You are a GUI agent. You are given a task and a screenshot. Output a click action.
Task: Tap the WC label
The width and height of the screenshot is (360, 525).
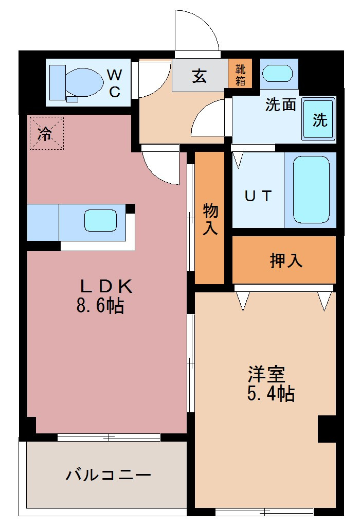pos(114,83)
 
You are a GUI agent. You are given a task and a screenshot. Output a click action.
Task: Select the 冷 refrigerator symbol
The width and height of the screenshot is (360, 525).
pos(46,133)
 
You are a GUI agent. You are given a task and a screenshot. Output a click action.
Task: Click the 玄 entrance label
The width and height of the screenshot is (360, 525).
pos(200,76)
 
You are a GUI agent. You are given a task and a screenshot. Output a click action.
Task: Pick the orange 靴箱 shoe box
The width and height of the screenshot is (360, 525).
pos(240,74)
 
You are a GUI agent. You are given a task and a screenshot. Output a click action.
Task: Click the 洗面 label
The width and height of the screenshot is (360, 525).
pos(280,104)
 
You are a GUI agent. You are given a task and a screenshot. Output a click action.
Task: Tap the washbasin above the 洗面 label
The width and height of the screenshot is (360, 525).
pos(278,73)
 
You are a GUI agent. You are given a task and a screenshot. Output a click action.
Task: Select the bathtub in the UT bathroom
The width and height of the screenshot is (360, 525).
pos(311,189)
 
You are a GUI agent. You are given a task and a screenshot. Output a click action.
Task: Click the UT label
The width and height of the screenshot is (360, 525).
pos(257,196)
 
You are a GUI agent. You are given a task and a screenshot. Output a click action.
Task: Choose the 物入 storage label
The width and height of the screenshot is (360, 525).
pos(210,219)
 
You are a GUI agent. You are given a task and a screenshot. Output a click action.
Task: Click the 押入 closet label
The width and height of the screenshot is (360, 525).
pos(286,260)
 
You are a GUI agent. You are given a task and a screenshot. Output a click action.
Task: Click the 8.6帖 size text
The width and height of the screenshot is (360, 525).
pos(100,306)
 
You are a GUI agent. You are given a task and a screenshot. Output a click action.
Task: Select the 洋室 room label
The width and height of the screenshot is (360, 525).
pos(266,373)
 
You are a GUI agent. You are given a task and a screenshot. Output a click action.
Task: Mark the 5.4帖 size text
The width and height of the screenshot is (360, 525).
pos(271,394)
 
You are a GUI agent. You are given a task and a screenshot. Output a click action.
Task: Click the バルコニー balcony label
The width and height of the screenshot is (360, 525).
pos(108,474)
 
